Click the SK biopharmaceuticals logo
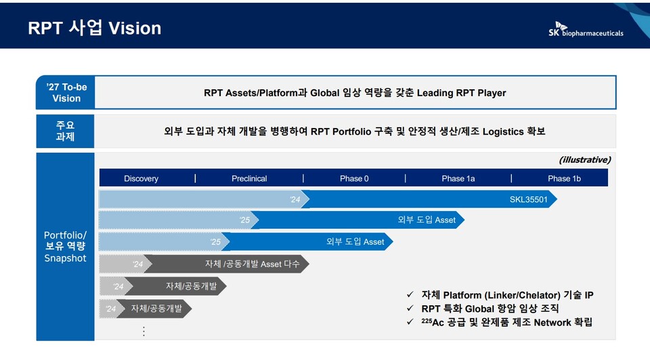(x=586, y=29)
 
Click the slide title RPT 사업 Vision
(x=95, y=28)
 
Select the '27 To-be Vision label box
(x=66, y=93)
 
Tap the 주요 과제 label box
(x=66, y=131)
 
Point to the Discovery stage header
(x=141, y=179)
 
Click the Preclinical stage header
(x=249, y=179)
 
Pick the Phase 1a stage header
(x=458, y=179)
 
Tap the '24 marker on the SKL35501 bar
(x=295, y=200)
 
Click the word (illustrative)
(x=585, y=160)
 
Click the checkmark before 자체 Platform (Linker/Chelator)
(x=410, y=295)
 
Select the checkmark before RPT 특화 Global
(x=410, y=309)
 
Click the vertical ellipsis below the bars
(x=144, y=331)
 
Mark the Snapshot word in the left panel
(x=66, y=258)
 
